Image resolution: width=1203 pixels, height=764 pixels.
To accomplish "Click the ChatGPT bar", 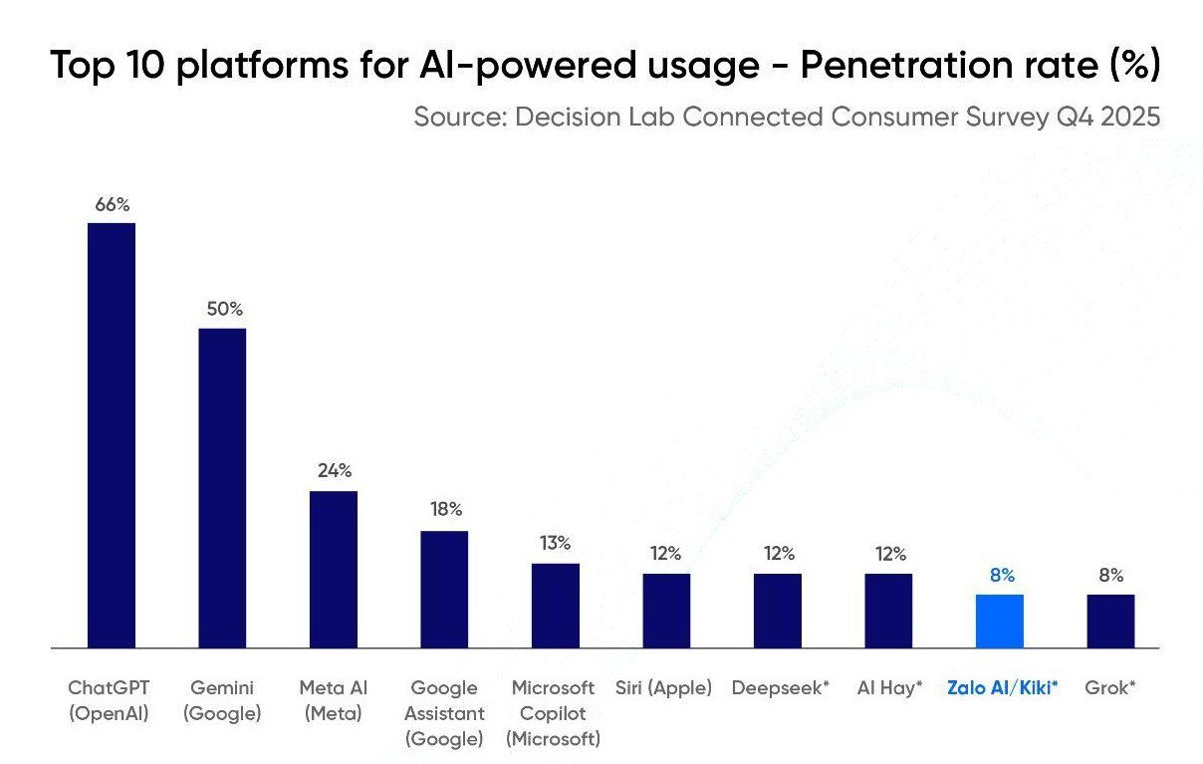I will coord(112,434).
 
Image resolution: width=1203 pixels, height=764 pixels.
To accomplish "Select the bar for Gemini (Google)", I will coord(222,487).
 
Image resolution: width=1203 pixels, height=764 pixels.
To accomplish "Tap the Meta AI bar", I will coord(334,569).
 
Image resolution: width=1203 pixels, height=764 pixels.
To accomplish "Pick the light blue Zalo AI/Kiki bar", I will coord(999,621).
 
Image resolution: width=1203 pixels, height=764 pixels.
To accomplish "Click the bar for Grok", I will coord(1110,621).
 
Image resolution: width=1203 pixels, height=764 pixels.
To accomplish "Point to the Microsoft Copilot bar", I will coord(555,605).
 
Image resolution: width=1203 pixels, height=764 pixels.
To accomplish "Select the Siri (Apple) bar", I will coord(666,610).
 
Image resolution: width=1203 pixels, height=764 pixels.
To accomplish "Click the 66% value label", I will coord(113,205).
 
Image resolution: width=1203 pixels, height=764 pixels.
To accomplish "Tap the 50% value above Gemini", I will coord(224,309).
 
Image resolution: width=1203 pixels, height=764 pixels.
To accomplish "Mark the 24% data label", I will coord(335,471).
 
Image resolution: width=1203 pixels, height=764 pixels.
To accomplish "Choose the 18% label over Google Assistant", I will coord(446,510).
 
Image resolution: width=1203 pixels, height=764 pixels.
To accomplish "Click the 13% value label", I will coord(556,544).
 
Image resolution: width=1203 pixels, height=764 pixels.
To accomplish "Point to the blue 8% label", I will coord(1002,576).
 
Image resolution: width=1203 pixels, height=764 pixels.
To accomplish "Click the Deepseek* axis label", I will coord(780,688).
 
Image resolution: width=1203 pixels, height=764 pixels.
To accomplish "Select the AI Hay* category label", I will coord(890,688).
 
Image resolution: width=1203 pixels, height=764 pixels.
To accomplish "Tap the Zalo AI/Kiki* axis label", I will coord(1002,688).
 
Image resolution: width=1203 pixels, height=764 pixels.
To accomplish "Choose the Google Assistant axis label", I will coord(444,713).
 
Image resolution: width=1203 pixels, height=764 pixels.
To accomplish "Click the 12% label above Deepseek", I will coord(779,554).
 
